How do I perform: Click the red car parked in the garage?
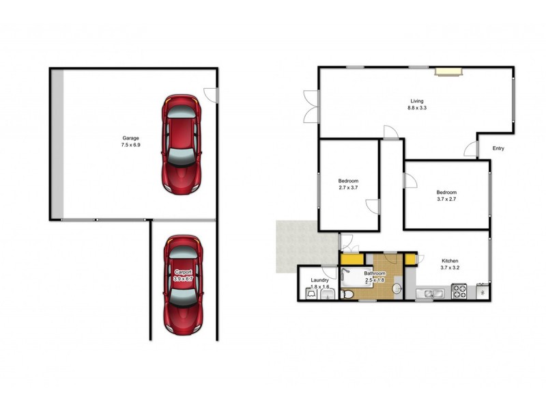pos(180,143)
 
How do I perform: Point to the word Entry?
pos(498,148)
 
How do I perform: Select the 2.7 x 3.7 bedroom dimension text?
pos(348,188)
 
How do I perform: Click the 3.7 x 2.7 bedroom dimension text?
pos(447,200)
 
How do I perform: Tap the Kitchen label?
pos(450,261)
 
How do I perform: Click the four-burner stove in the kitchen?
pos(459,293)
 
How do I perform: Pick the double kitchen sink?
pos(431,294)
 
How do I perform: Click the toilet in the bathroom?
pos(347,294)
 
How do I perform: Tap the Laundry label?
pos(319,280)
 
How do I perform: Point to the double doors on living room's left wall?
pos(311,107)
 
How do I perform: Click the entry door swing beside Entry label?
pos(471,149)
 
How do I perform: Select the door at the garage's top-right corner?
pos(212,95)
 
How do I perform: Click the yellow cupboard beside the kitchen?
pos(409,259)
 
